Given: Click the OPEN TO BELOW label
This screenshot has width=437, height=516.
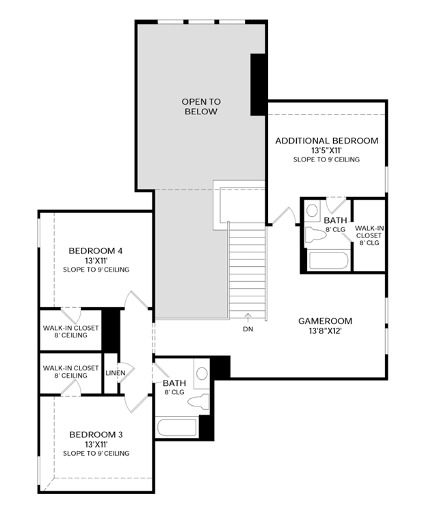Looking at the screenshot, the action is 201,107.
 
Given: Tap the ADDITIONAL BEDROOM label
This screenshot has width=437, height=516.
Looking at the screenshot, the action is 327,141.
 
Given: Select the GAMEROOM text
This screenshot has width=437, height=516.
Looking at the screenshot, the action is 326,321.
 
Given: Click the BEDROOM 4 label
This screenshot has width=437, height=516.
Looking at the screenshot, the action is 96,250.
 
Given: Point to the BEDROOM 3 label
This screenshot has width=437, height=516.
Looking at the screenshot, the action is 96,435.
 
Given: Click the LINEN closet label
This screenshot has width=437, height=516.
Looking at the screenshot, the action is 116,373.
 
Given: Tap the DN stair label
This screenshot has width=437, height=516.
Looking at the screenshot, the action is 248,328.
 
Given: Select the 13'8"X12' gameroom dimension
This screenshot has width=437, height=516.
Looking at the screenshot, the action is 326,331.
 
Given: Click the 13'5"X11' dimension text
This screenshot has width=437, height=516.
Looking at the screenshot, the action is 327,151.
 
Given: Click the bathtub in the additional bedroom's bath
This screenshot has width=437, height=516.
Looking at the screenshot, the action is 328,260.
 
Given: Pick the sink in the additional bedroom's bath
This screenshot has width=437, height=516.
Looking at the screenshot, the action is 312,209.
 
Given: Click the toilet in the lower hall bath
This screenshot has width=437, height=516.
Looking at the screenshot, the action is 198,401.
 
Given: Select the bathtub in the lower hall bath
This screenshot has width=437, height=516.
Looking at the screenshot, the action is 177,427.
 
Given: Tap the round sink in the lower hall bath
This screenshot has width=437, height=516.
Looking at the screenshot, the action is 202,374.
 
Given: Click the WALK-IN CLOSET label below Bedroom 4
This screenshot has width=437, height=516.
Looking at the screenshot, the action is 70,331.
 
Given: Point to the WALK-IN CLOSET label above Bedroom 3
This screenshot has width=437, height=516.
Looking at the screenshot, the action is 70,372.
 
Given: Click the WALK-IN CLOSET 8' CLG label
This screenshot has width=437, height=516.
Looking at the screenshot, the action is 369,235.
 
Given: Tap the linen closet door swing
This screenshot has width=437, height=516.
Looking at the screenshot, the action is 127,372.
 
